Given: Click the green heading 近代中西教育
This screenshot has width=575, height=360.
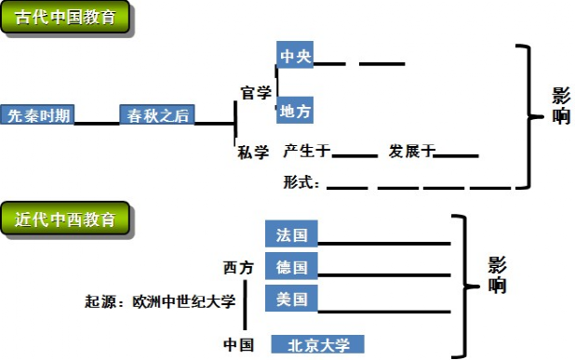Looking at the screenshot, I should click(x=66, y=220).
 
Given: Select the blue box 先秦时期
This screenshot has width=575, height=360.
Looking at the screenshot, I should click(x=37, y=115).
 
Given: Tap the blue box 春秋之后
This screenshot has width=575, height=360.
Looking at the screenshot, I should click(x=155, y=115).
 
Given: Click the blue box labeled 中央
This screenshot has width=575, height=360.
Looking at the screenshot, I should click(x=296, y=56).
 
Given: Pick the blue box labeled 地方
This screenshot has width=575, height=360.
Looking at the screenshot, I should click(x=296, y=111).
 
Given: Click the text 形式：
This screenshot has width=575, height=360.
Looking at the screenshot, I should click(x=301, y=182).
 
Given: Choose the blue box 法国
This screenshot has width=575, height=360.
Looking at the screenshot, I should click(x=291, y=233).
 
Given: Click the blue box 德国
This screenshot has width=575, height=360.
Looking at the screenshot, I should click(x=291, y=266).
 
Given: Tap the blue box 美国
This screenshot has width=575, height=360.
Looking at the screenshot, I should click(x=291, y=299).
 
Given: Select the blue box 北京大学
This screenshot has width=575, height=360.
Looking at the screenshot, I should click(x=317, y=344).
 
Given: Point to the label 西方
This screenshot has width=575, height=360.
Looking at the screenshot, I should click(x=237, y=267).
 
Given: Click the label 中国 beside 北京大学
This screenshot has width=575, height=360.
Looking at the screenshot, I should click(x=238, y=344).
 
